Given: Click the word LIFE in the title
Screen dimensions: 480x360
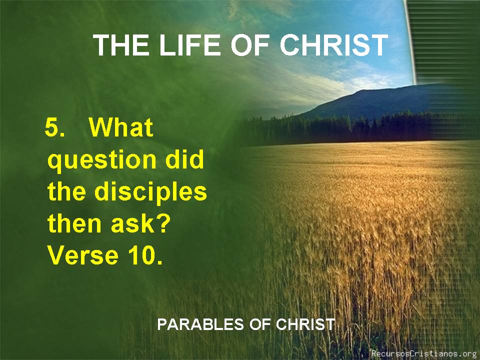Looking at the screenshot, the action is click(190, 45).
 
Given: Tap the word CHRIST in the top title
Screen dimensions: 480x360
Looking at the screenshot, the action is click(334, 45).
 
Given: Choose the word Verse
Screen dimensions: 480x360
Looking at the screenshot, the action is click(83, 255).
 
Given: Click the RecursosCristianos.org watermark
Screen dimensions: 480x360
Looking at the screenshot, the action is click(425, 353).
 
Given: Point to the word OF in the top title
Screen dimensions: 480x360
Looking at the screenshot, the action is click(250, 45).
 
